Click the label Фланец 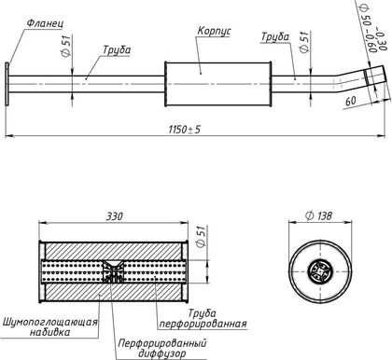(x=45, y=24)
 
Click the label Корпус (x=215, y=32)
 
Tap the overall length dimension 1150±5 (x=185, y=130)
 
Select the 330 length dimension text (x=115, y=216)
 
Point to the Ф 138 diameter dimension (x=318, y=215)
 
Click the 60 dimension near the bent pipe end (x=351, y=101)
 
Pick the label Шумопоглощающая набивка (x=50, y=326)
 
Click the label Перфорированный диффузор (x=162, y=349)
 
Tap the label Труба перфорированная (x=203, y=318)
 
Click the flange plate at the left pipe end (x=7, y=84)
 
